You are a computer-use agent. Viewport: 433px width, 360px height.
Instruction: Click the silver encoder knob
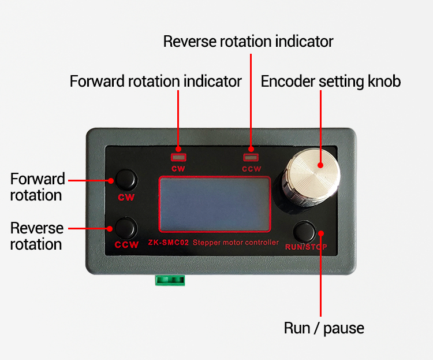[312, 177]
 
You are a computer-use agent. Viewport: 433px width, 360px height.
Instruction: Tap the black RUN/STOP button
[304, 232]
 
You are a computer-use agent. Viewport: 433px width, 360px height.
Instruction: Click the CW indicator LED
[178, 157]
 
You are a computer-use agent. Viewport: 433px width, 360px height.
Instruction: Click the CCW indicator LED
[251, 157]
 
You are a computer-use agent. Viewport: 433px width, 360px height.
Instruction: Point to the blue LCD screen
[215, 204]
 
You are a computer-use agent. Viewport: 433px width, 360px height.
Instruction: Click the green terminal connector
[170, 280]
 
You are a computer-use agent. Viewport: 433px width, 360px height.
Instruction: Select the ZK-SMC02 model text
[168, 243]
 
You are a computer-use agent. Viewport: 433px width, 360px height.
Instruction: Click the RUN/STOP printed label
[306, 247]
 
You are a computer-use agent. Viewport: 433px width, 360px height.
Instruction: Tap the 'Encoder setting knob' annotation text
[331, 81]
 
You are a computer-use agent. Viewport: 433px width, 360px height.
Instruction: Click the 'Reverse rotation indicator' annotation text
[248, 42]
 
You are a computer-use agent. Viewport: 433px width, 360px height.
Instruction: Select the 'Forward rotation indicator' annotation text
[155, 81]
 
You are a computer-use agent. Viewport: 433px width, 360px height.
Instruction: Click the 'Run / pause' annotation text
[324, 328]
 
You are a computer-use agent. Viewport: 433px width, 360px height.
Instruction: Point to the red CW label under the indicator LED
[178, 169]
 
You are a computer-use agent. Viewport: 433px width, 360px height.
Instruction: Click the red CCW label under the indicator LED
[251, 169]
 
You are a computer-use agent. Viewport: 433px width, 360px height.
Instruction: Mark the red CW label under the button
[126, 197]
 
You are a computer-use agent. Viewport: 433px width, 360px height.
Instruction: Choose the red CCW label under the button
[126, 244]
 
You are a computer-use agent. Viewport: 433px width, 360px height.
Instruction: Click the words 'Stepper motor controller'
[236, 243]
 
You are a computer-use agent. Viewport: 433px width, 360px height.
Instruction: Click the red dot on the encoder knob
[320, 165]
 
